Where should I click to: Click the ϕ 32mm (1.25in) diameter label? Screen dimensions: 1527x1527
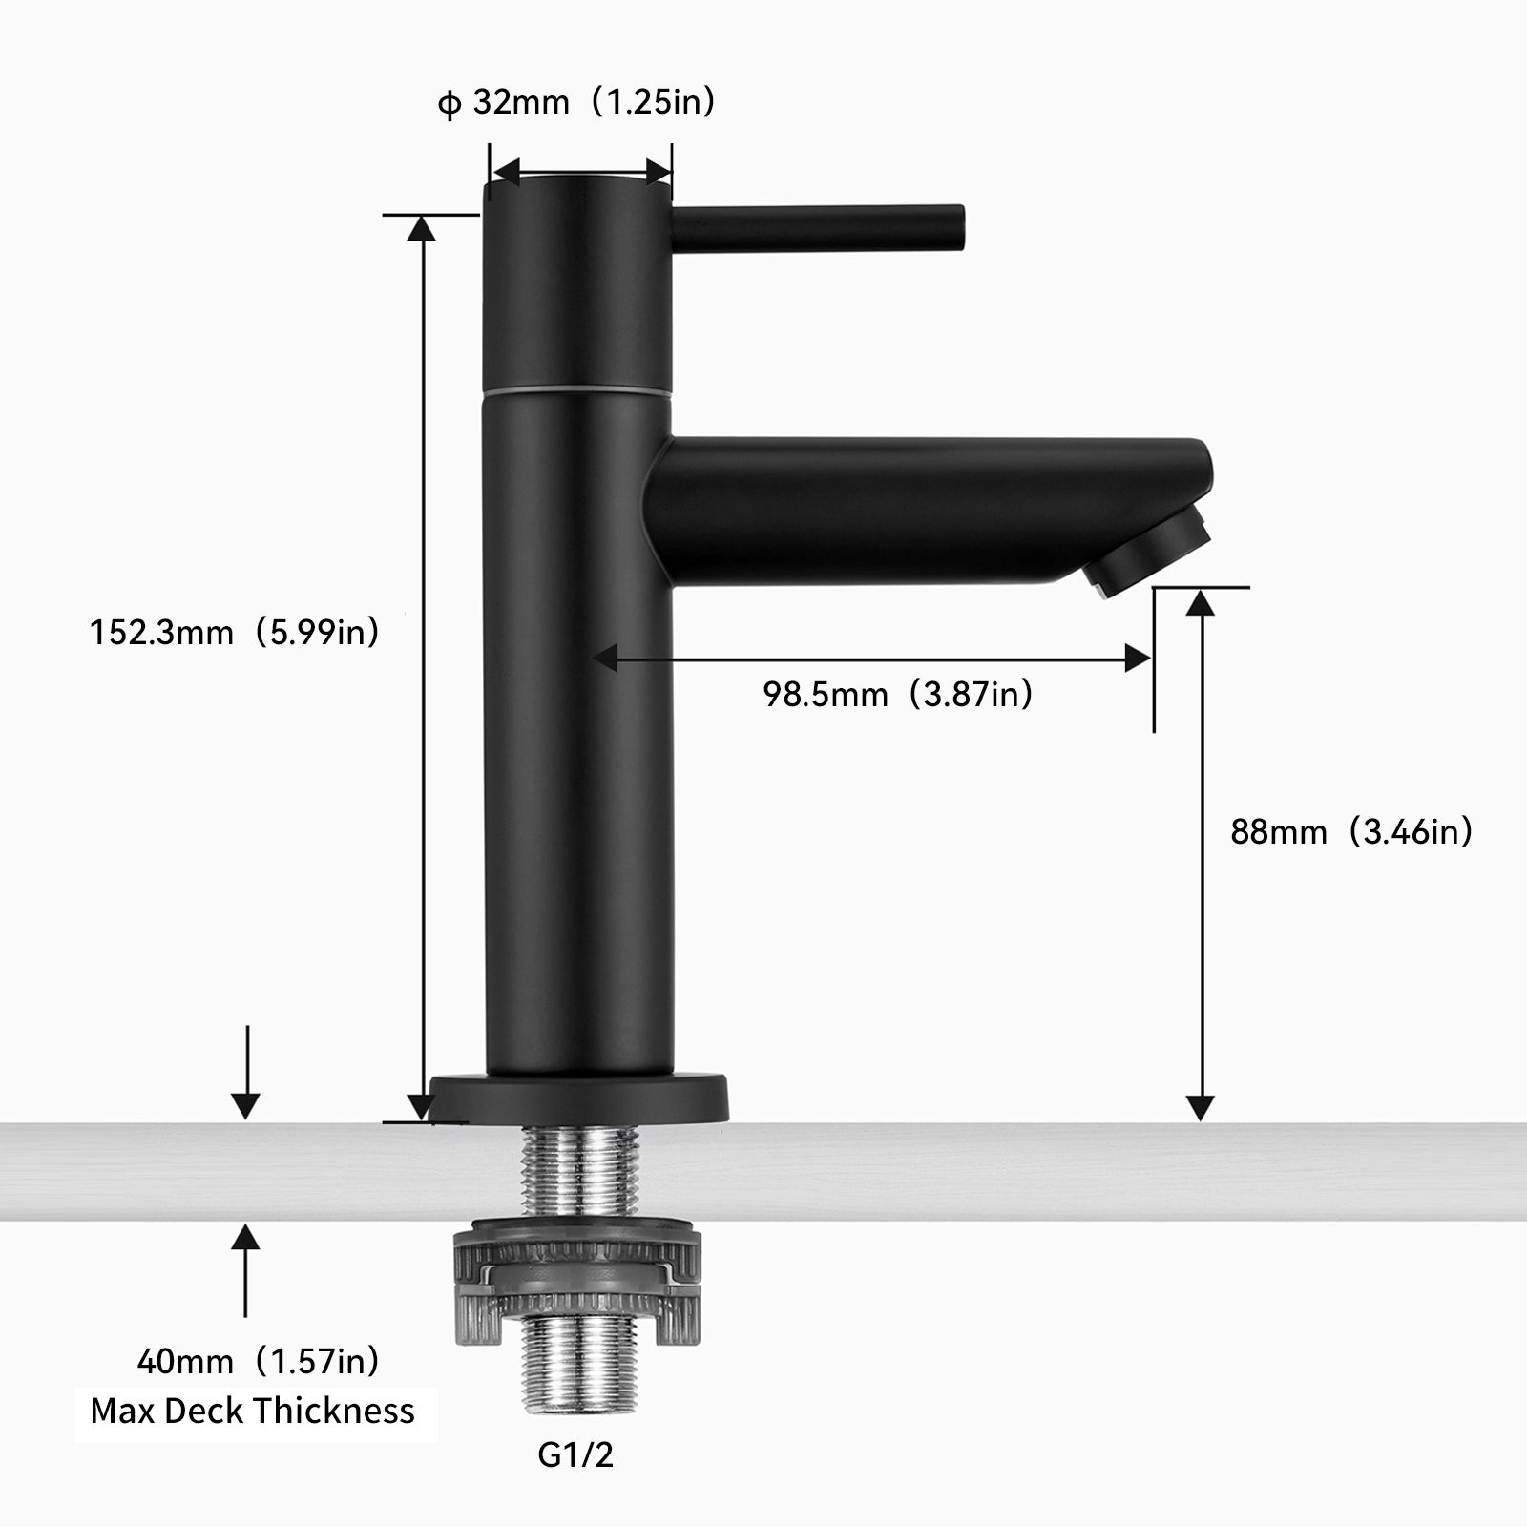(x=576, y=102)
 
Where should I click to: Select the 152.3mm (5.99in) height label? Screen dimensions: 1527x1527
(x=235, y=632)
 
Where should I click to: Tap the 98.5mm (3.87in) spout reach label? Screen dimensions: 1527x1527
(x=897, y=694)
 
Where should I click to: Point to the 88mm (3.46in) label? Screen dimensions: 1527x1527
(x=1351, y=831)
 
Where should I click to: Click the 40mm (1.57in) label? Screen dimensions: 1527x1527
(x=258, y=1360)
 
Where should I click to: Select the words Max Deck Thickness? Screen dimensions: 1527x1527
(x=253, y=1411)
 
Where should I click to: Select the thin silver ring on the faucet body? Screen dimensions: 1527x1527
(x=578, y=392)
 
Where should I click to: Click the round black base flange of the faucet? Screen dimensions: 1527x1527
(x=578, y=1098)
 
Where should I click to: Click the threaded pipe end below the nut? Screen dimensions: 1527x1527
(x=575, y=1366)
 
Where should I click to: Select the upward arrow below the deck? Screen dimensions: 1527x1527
(x=246, y=1241)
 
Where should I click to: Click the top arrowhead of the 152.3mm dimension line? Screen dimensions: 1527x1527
(x=423, y=227)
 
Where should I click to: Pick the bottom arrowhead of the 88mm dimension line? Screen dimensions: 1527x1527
(x=1202, y=1108)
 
